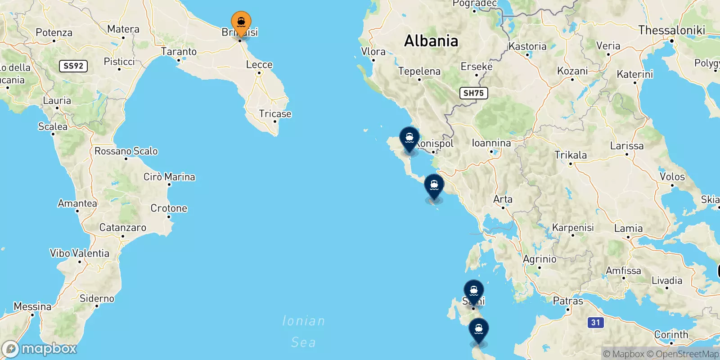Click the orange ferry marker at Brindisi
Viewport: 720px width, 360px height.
click(x=241, y=22)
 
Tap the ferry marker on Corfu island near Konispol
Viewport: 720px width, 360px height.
click(x=409, y=138)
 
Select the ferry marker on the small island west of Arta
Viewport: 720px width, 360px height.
click(x=434, y=185)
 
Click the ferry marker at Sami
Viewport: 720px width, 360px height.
click(x=473, y=291)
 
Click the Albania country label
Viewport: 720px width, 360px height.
click(x=431, y=41)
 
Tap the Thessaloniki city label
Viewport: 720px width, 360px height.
click(x=671, y=30)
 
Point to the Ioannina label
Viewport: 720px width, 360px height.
click(x=491, y=143)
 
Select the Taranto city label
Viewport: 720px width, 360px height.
click(x=179, y=52)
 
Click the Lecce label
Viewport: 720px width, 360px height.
click(x=259, y=65)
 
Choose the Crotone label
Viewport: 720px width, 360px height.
click(x=169, y=208)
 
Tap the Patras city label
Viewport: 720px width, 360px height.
click(x=568, y=301)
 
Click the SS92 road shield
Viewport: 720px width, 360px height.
click(x=73, y=66)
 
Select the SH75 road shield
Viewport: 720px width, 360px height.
click(x=473, y=93)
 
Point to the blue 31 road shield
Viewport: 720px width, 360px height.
click(x=595, y=322)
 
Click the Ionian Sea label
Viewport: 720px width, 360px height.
click(x=303, y=332)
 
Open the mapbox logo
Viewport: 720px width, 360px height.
click(x=40, y=349)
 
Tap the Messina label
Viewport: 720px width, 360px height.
click(x=32, y=306)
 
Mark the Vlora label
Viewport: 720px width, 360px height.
click(x=373, y=52)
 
